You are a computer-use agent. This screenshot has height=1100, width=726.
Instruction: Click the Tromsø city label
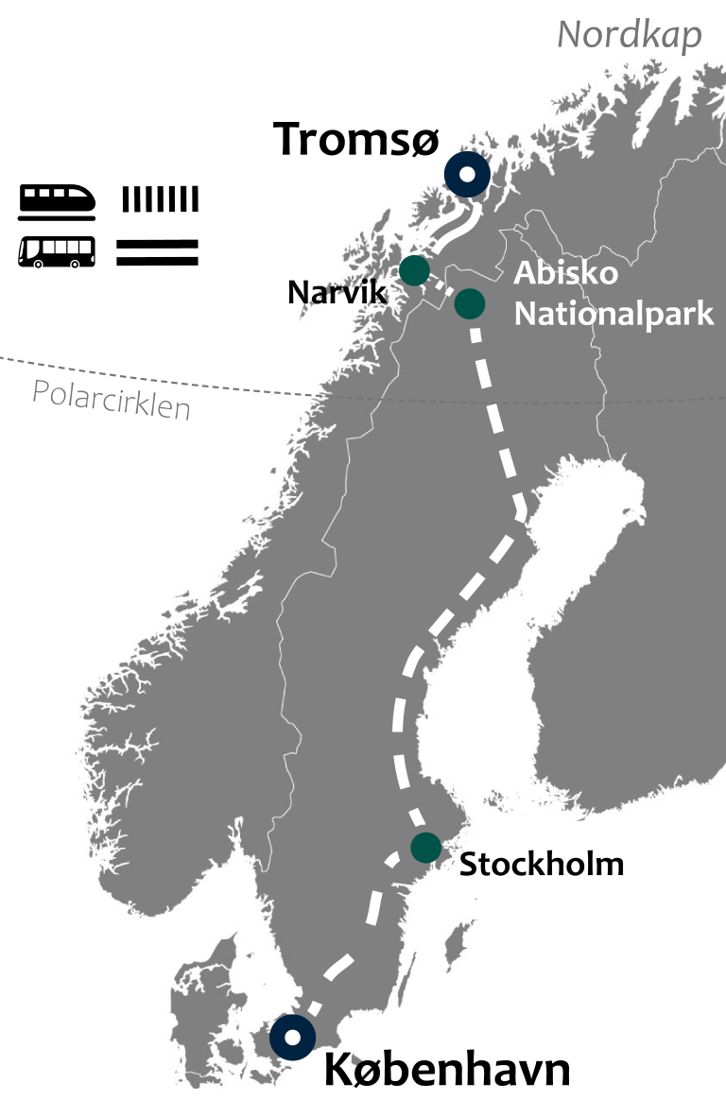356,140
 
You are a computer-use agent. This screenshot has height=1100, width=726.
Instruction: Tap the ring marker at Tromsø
467,175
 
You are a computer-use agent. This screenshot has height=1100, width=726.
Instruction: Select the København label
447,1071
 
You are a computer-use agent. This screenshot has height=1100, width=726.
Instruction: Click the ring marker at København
293,1038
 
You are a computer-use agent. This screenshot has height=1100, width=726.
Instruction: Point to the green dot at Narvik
414,270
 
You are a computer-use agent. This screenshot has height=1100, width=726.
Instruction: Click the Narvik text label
337,292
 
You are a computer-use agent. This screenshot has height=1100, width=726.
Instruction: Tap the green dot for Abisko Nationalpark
470,303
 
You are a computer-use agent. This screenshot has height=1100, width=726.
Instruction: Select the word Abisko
565,273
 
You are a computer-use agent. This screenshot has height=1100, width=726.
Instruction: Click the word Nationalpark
614,313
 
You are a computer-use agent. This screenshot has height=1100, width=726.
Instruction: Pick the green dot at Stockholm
426,847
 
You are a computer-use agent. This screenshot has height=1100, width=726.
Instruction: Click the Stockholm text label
541,864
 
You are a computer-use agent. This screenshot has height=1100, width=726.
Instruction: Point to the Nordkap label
630,35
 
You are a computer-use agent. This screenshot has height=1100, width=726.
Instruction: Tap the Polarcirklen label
112,399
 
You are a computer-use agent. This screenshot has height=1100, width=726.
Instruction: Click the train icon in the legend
58,200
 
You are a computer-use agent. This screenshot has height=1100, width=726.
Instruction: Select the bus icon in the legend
57,252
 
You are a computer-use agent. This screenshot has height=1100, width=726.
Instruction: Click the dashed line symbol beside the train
160,199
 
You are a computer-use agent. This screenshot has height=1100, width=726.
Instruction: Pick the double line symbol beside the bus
157,251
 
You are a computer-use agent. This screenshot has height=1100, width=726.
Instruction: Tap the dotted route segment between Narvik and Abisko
442,286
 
